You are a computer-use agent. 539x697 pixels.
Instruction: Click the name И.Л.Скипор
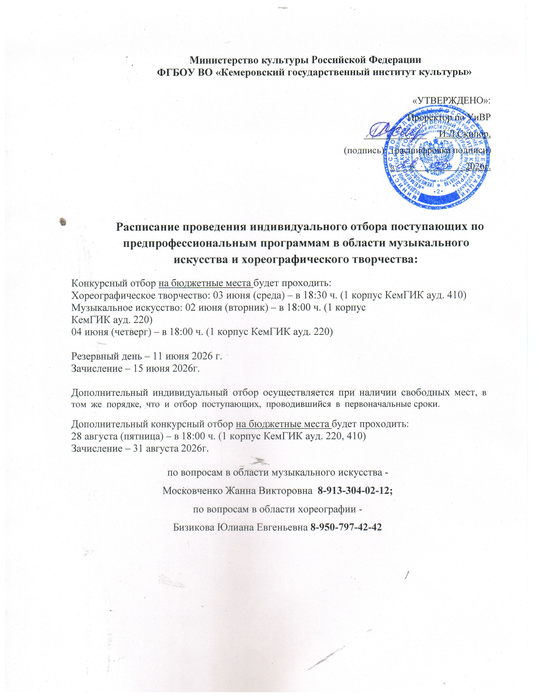(464, 134)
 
